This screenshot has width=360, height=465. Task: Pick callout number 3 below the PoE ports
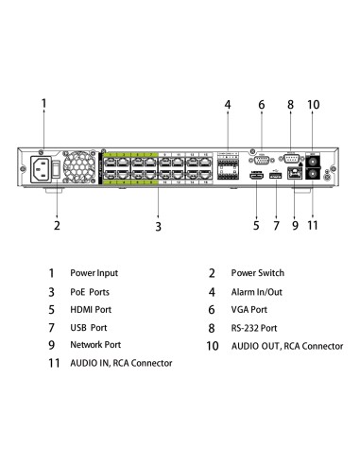[158, 227]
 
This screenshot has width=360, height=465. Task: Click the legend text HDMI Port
[91, 310]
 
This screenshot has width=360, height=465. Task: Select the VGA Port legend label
[251, 310]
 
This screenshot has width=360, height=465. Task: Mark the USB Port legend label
[89, 328]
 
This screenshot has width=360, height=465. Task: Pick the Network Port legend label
[95, 346]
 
